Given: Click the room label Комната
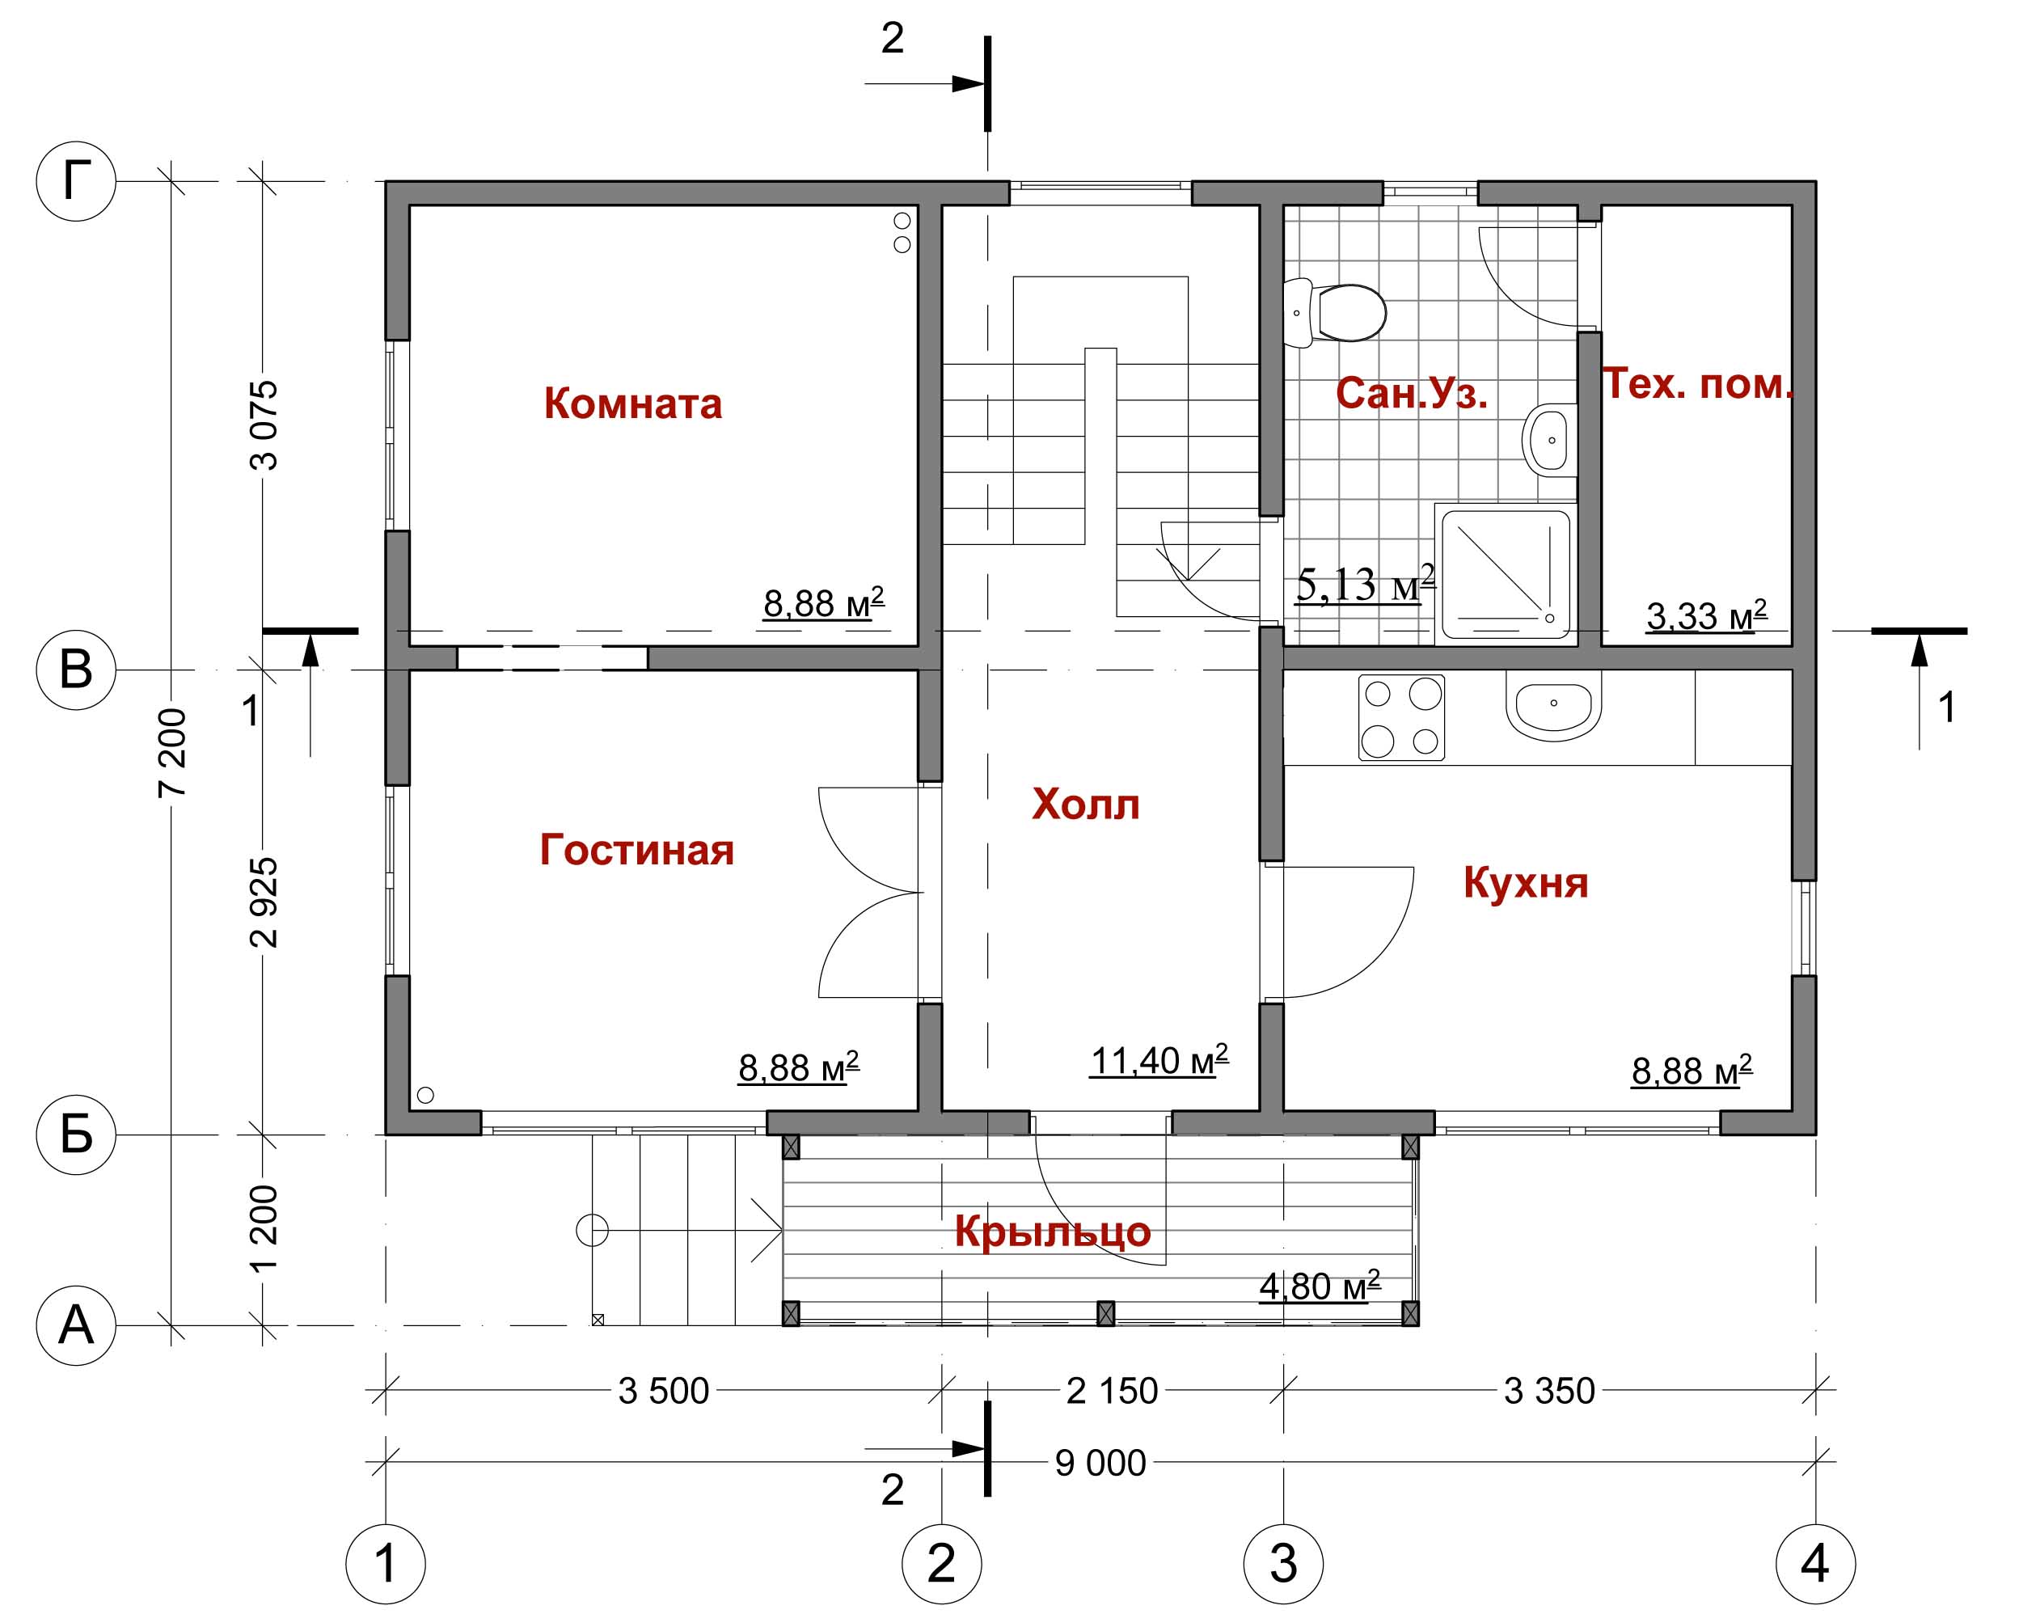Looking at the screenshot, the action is click(632, 403).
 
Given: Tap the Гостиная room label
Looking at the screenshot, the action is click(637, 850).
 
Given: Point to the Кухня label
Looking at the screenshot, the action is click(1526, 884).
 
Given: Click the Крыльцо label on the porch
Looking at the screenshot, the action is click(1053, 1232).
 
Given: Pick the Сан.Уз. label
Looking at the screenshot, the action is click(1412, 393).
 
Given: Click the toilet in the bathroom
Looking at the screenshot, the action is click(1334, 312).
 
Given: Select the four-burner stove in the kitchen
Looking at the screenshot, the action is click(1401, 718).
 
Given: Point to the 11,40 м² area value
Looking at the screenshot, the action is click(1159, 1059).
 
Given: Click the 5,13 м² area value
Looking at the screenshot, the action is click(1366, 584).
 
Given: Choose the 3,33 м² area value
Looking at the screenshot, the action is click(1706, 615).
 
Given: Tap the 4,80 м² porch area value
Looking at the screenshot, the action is click(1320, 1286).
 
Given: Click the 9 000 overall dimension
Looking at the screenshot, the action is click(1100, 1464).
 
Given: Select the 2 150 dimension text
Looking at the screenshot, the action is click(1111, 1391).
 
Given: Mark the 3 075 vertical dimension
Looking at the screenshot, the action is click(264, 425).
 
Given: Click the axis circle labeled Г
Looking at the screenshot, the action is click(75, 180).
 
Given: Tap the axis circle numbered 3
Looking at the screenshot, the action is click(1283, 1564).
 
